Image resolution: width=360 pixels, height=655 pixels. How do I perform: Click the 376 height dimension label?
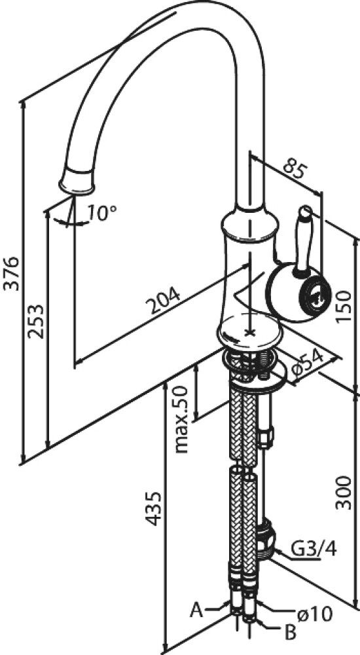(x=11, y=274)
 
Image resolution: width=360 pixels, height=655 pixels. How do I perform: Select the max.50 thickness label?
(x=182, y=419)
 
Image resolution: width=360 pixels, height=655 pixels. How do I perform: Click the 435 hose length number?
(x=153, y=508)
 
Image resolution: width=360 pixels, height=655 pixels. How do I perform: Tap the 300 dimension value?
(x=343, y=492)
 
